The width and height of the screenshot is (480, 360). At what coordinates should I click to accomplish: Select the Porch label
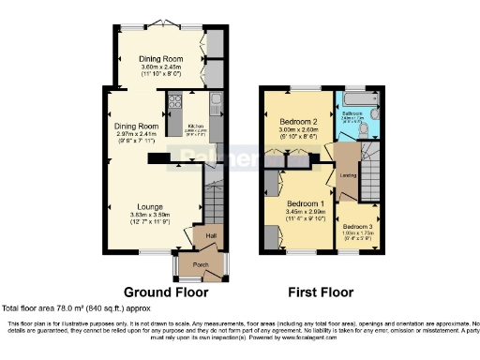(201, 264)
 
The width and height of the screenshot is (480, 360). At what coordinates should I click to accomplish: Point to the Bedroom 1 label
(305, 204)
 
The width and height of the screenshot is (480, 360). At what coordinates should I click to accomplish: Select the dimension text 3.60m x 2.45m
(160, 67)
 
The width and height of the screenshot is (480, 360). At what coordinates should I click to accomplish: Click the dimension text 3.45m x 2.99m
(305, 214)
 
